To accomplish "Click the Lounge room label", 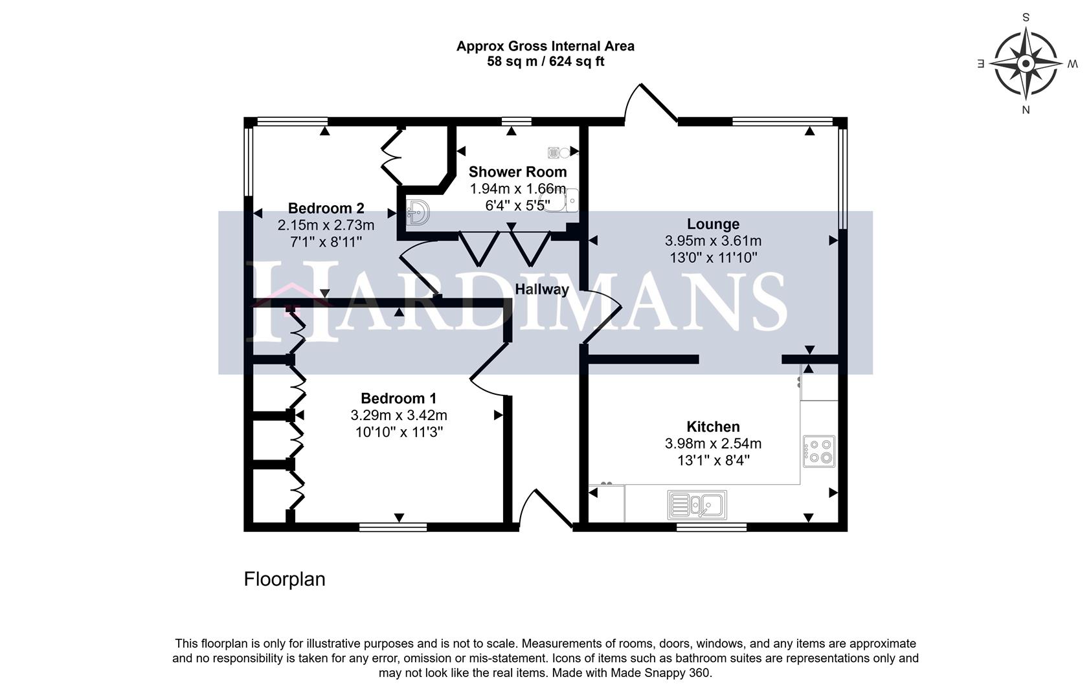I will [x=713, y=224].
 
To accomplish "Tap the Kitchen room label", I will [x=713, y=427].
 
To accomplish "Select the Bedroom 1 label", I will [x=398, y=398].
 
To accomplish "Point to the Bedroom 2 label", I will [x=326, y=208].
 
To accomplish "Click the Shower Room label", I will [x=517, y=172].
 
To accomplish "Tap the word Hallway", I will [x=541, y=289].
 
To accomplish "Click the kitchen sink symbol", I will [x=697, y=505].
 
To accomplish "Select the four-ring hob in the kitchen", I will [x=819, y=451].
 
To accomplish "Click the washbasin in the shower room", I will [x=418, y=212].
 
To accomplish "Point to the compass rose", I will [x=1026, y=64].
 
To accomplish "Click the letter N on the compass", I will [x=1026, y=110].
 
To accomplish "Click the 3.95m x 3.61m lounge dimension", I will [x=713, y=241].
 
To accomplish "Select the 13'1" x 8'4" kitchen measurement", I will [x=713, y=460].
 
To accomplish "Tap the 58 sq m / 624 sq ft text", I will [x=545, y=62].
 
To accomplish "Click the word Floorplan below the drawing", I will [x=284, y=579].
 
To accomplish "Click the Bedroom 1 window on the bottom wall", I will [x=393, y=527].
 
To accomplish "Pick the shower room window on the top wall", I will [x=516, y=121].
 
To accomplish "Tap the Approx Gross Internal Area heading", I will [x=545, y=46].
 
